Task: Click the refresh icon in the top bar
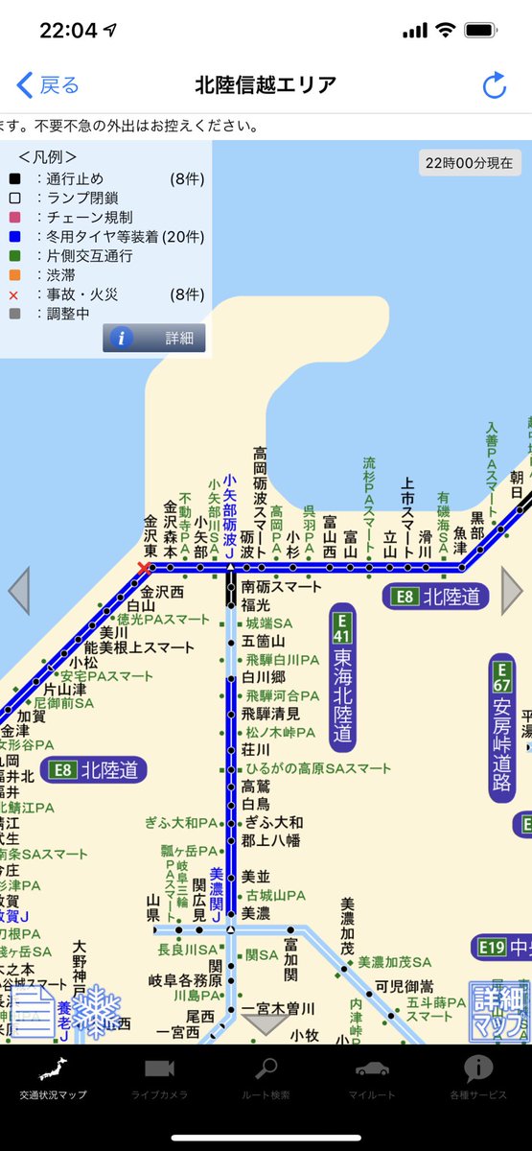[494, 85]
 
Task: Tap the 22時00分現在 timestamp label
[469, 162]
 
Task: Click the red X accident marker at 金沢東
[145, 569]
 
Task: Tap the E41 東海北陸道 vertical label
[342, 675]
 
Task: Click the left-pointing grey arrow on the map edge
[18, 591]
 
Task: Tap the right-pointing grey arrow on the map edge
[512, 591]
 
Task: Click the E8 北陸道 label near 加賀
[93, 769]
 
